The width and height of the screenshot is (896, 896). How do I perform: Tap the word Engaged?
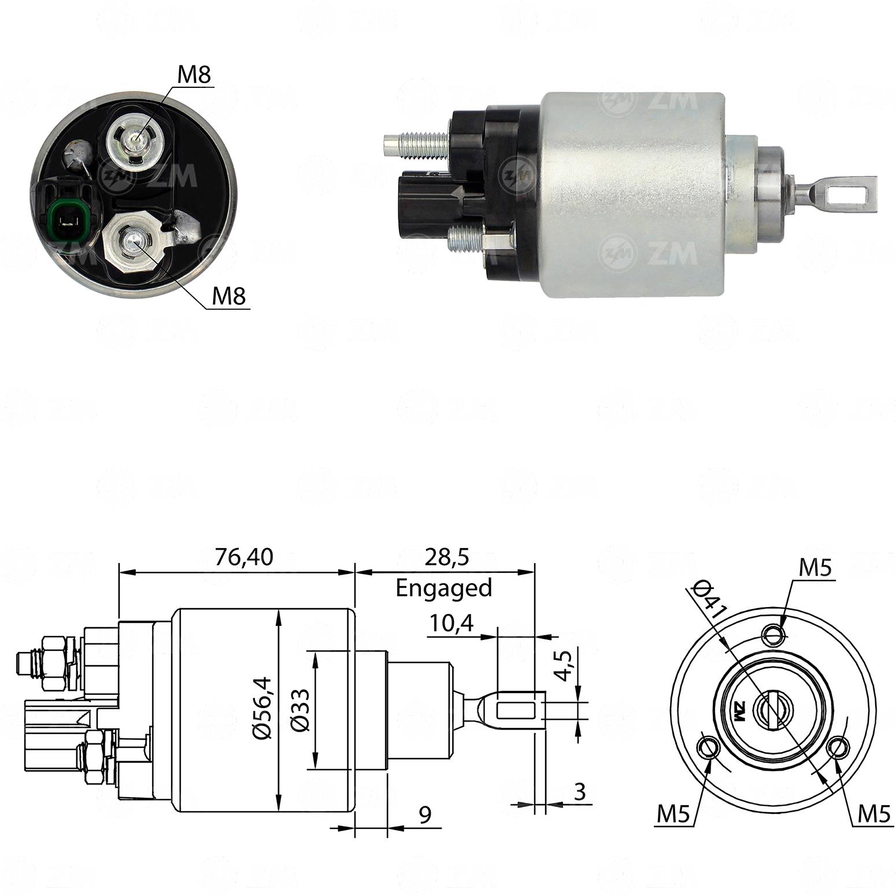pyautogui.click(x=444, y=588)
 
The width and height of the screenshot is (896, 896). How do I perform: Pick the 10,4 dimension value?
pyautogui.click(x=451, y=623)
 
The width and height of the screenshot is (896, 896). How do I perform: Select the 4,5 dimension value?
pyautogui.click(x=564, y=665)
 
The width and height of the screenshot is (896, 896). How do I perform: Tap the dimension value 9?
pyautogui.click(x=425, y=815)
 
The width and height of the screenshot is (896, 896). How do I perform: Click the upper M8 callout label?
pyautogui.click(x=194, y=75)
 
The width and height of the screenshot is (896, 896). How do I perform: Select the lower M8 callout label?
pyautogui.click(x=228, y=297)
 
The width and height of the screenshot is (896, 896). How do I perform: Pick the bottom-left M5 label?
pyautogui.click(x=673, y=814)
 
